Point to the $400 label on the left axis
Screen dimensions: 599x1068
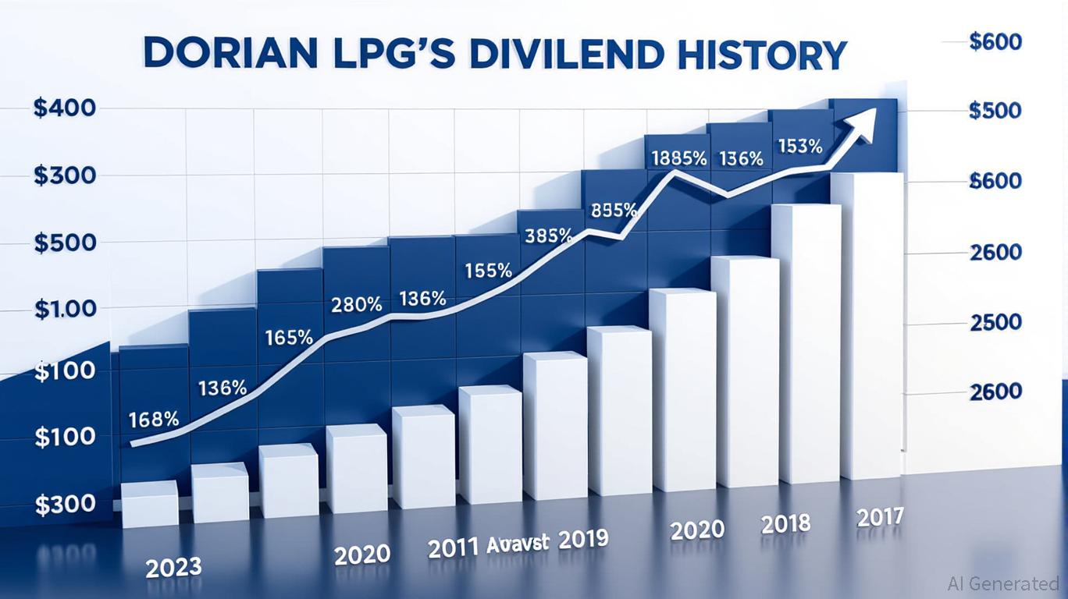[65, 108]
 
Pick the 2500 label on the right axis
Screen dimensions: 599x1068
[995, 322]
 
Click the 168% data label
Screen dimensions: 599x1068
[154, 419]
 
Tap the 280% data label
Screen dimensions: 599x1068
[357, 305]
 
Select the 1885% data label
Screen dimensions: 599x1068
[679, 158]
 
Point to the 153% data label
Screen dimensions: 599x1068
[799, 146]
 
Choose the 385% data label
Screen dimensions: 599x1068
[549, 235]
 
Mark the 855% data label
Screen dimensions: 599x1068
[614, 210]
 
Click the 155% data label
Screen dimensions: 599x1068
[489, 271]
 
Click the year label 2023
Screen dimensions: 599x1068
[173, 565]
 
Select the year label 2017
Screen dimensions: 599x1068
[880, 516]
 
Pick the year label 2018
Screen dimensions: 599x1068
[786, 523]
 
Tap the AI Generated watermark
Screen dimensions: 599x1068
[1002, 583]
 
